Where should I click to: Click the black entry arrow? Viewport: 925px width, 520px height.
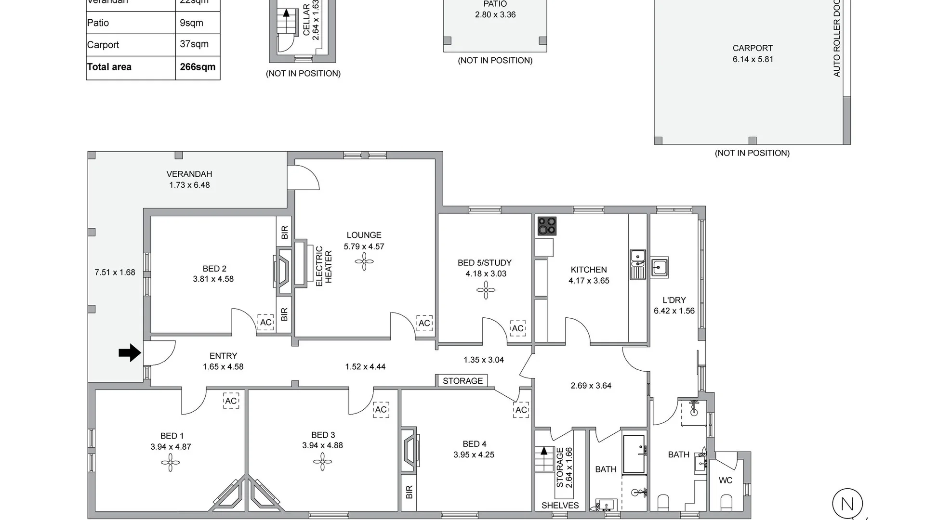(130, 353)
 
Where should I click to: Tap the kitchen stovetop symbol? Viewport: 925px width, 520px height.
(547, 226)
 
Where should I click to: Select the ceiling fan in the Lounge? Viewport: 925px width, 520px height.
(364, 263)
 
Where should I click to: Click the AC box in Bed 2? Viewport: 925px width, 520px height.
(266, 322)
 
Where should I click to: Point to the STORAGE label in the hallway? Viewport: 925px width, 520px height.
(462, 381)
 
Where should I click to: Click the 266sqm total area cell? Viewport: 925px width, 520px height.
(198, 67)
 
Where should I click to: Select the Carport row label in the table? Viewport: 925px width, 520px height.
(103, 45)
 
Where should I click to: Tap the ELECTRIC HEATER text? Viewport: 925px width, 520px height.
(324, 267)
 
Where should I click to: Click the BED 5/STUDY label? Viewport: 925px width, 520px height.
(485, 263)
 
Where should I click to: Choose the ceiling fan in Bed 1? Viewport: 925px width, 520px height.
(170, 463)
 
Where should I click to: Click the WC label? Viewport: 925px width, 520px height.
(726, 480)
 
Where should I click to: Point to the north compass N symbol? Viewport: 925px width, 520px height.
(847, 504)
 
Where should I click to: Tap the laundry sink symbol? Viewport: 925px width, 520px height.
(659, 267)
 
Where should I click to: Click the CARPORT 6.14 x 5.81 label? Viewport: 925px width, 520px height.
(753, 53)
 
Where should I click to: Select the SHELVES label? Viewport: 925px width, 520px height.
(560, 505)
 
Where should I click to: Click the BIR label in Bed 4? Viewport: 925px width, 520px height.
(409, 492)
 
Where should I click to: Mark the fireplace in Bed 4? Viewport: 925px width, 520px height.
(410, 449)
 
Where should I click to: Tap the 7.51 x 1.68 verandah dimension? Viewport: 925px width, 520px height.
(115, 273)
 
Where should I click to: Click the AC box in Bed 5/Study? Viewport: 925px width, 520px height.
(517, 328)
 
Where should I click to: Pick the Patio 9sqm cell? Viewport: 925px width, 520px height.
(191, 23)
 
